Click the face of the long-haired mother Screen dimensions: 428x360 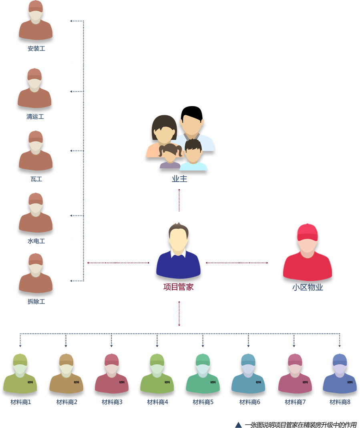point(164,134)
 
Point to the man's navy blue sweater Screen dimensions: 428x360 point(178,266)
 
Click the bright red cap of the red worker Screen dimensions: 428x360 point(308,232)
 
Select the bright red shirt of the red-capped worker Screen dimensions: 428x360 point(308,266)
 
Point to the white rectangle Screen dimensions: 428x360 point(327,70)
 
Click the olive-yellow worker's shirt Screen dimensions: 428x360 point(20,384)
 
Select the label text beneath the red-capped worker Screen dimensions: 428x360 point(308,287)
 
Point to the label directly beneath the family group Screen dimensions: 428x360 point(178,179)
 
